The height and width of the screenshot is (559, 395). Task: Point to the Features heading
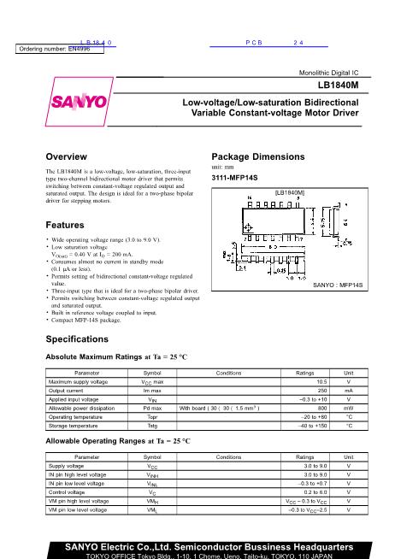point(65,225)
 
